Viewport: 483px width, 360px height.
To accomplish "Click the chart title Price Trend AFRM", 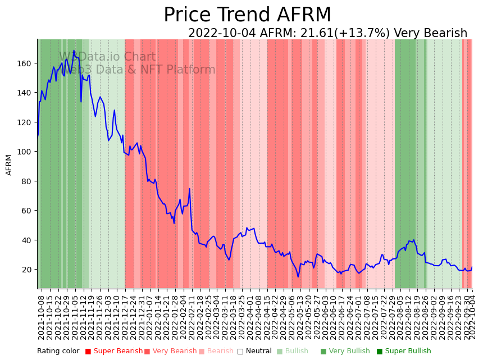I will [247, 15].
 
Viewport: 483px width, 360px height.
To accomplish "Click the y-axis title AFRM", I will [9, 165].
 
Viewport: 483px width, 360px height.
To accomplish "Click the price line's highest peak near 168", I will [74, 51].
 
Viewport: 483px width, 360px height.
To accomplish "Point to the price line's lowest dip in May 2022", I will [298, 277].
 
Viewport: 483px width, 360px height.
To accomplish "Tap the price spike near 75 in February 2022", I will [190, 189].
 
